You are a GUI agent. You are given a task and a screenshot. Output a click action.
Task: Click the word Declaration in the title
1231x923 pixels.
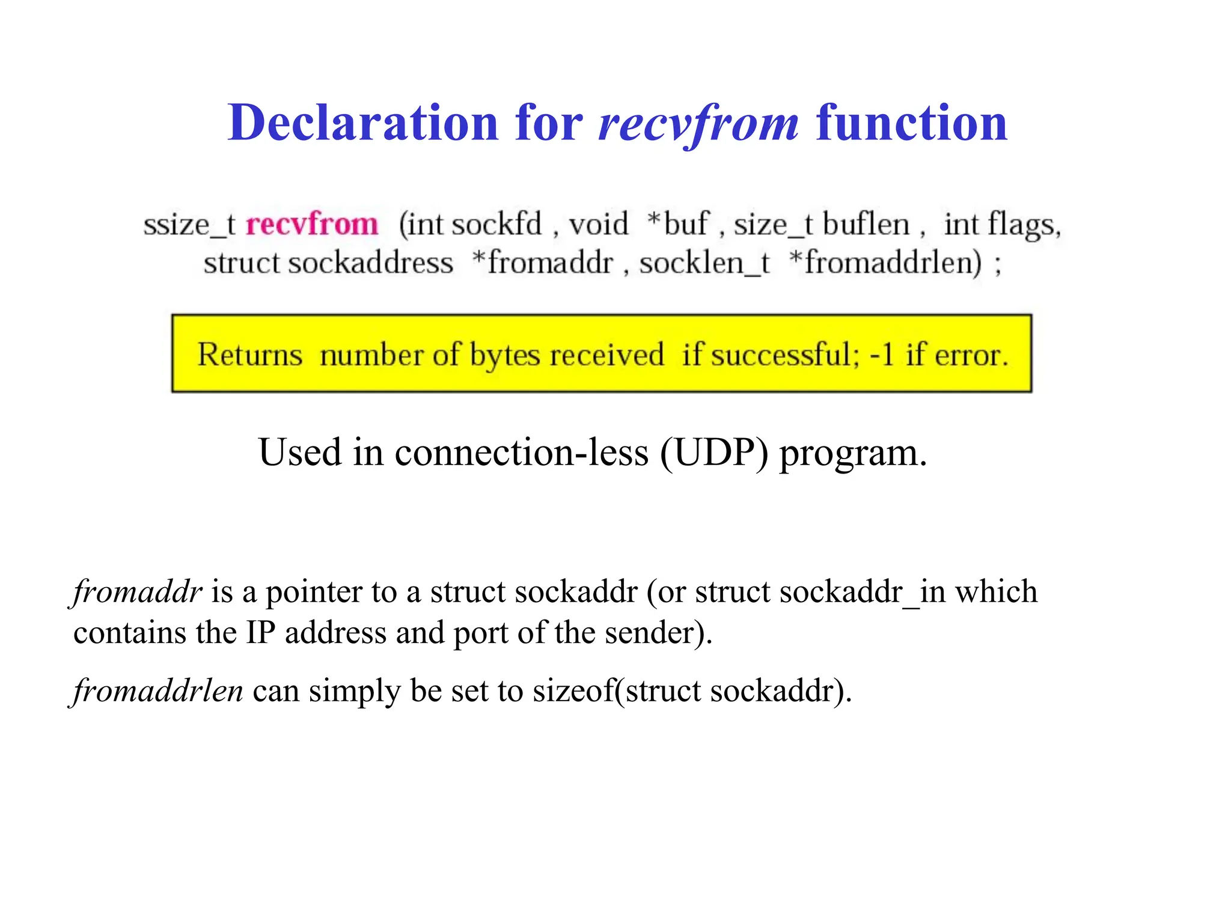(x=363, y=123)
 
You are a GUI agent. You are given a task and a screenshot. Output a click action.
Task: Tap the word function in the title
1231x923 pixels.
(x=911, y=123)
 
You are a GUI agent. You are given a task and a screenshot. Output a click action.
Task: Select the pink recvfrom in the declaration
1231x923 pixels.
(x=312, y=225)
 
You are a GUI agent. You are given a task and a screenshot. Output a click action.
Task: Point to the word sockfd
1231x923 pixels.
(x=496, y=225)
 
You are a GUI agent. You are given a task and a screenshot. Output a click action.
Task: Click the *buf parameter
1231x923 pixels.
(x=677, y=225)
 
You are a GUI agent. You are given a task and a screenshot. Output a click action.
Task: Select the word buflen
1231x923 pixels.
(x=866, y=225)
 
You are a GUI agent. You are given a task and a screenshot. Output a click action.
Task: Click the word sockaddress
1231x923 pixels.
(x=370, y=263)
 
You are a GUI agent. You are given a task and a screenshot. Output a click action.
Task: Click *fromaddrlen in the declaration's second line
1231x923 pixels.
(x=885, y=263)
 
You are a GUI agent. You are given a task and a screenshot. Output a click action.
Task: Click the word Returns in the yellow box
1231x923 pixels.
(x=249, y=355)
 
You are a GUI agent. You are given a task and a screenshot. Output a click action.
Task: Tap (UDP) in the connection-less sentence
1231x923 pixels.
(x=713, y=453)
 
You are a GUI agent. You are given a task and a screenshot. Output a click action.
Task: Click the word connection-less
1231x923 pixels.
(x=521, y=453)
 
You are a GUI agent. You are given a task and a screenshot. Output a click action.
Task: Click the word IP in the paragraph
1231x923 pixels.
(x=260, y=633)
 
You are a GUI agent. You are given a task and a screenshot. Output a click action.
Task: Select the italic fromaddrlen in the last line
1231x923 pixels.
(x=158, y=691)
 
